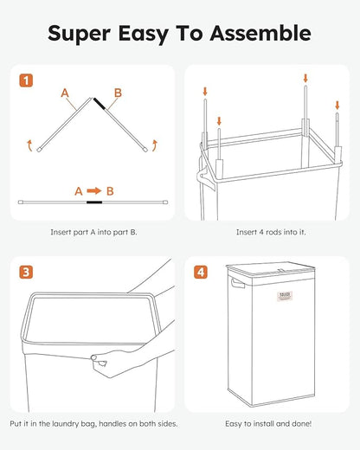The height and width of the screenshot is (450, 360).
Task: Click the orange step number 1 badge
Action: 28,82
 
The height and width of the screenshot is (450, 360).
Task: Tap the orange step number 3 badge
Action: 28,273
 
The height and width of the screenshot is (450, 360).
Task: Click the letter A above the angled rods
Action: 65,91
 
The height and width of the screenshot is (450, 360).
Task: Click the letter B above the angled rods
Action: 119,91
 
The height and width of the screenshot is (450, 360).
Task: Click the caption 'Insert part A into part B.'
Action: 92,232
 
